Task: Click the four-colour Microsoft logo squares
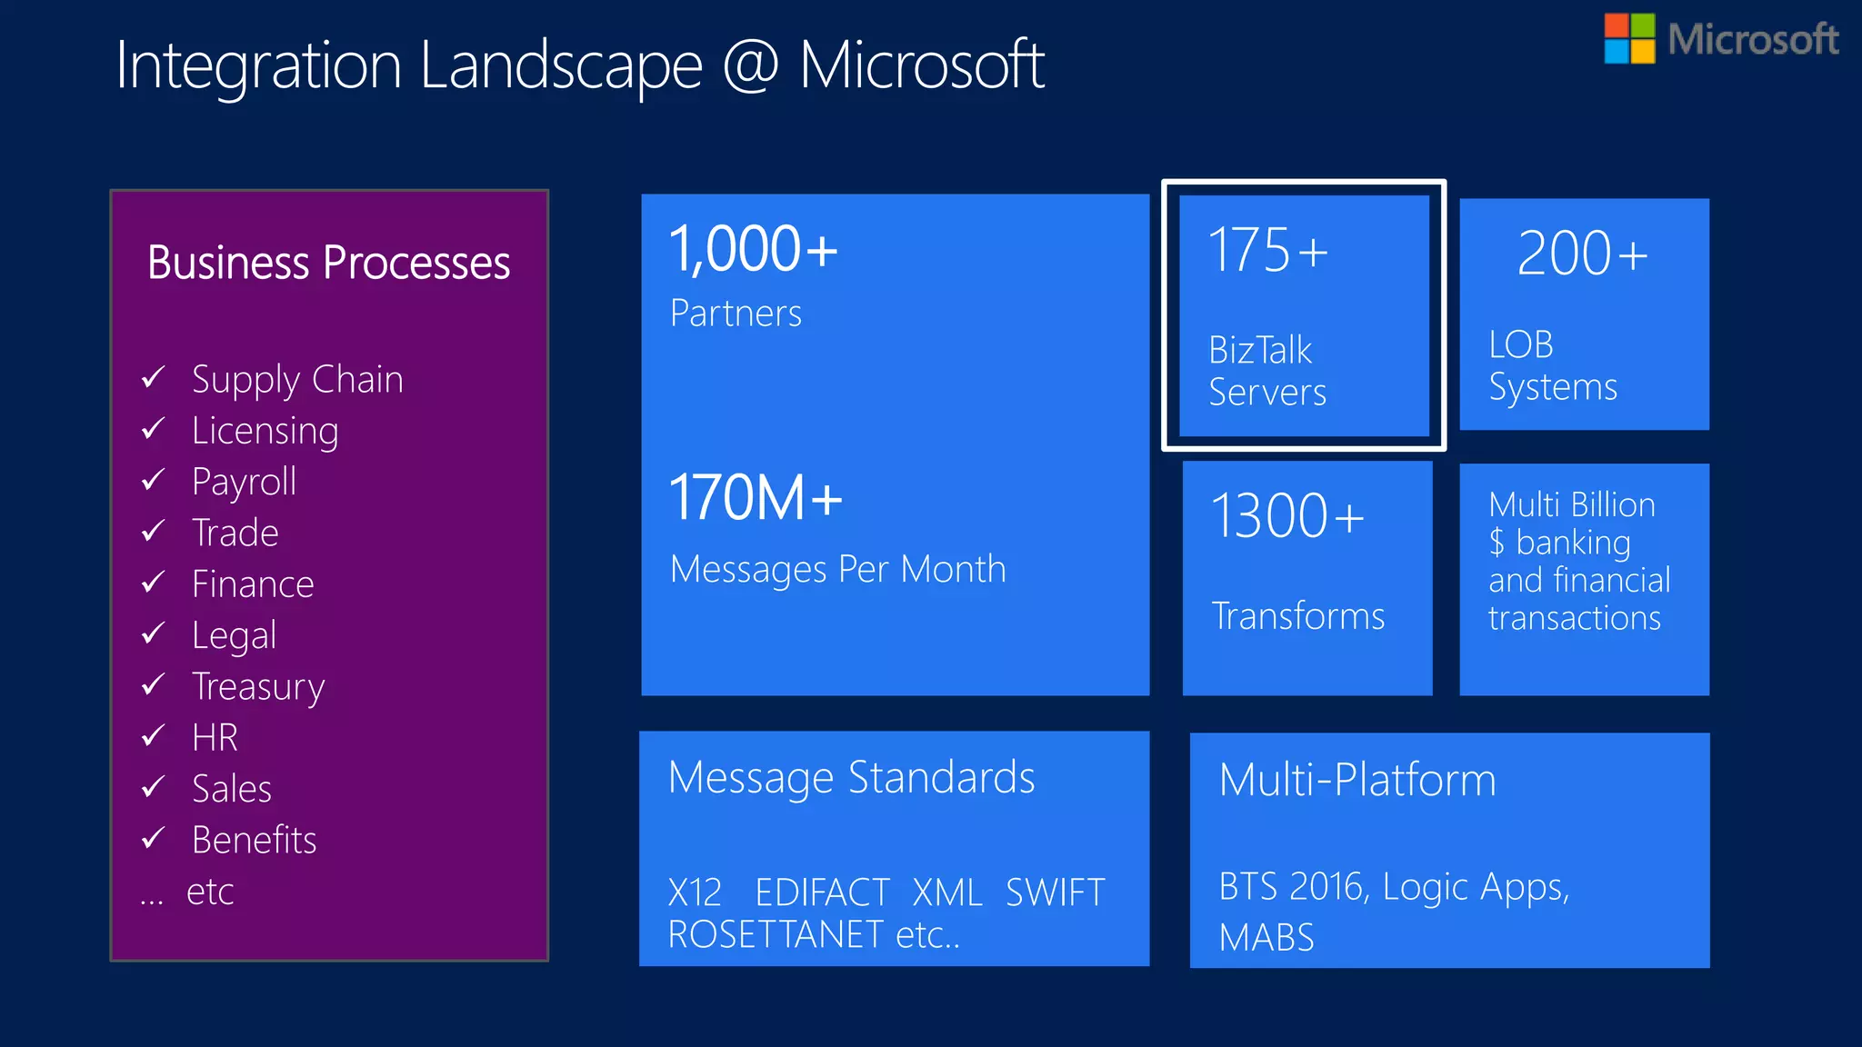click(x=1629, y=38)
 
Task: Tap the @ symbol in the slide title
click(x=751, y=65)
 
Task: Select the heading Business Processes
click(x=328, y=263)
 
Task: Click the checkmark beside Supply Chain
click(x=154, y=376)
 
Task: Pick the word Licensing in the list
click(x=265, y=431)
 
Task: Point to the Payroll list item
click(x=244, y=482)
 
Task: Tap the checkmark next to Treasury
click(x=154, y=683)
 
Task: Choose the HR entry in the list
click(x=215, y=737)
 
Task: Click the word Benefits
click(x=254, y=840)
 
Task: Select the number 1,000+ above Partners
click(x=753, y=250)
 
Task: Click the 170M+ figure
click(x=756, y=498)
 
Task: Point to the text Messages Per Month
click(x=837, y=570)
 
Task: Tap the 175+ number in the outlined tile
click(x=1267, y=251)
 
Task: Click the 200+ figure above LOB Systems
click(x=1582, y=254)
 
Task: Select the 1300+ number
click(x=1287, y=516)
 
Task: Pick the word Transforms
click(x=1298, y=616)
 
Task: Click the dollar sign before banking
click(x=1497, y=543)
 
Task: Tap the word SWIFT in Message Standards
click(x=1055, y=892)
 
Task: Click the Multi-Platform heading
click(x=1357, y=780)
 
